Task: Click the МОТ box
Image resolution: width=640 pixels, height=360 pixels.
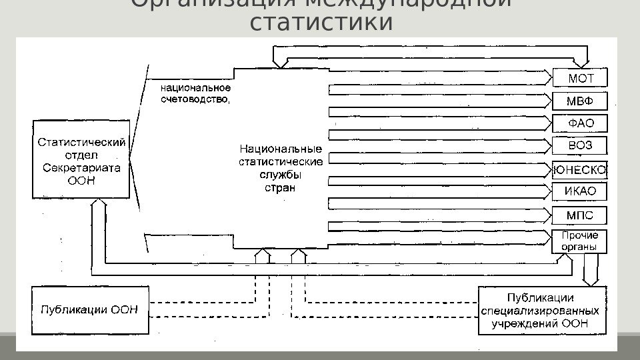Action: point(580,79)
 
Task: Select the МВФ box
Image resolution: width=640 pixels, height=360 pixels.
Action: point(580,101)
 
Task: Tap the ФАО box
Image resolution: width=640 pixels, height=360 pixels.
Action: point(580,123)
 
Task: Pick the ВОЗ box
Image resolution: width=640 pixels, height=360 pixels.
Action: point(580,145)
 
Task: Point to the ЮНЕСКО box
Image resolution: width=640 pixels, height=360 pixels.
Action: point(580,170)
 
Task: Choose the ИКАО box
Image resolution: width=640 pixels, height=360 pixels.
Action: point(580,192)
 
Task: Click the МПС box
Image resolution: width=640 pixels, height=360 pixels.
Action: point(580,215)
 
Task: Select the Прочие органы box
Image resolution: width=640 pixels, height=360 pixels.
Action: point(580,241)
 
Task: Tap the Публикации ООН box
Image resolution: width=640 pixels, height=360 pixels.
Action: point(89,309)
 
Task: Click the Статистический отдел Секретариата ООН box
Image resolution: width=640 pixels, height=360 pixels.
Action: point(81,161)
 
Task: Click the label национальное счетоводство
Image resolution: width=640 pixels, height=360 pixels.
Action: point(195,94)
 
